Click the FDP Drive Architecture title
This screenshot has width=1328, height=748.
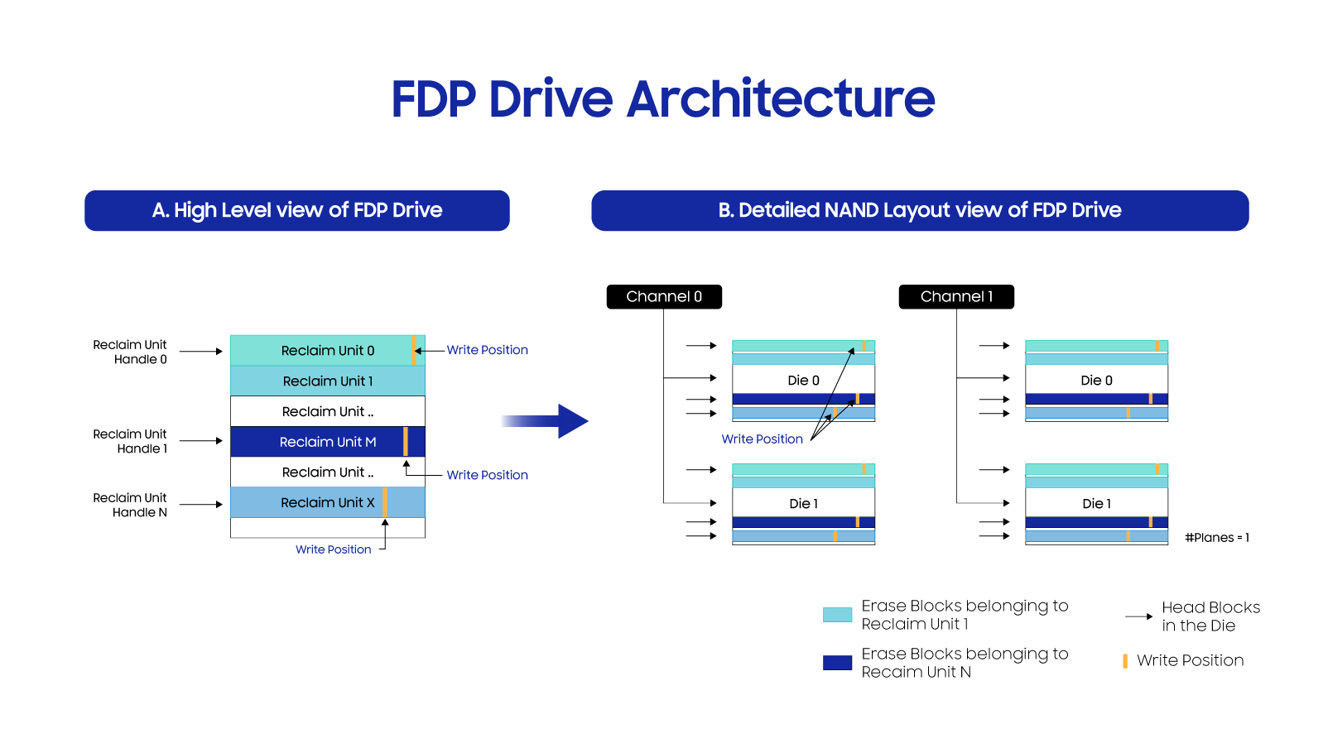[x=662, y=99]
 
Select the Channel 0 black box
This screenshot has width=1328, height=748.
[x=664, y=296]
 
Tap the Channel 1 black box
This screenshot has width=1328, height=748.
[x=956, y=296]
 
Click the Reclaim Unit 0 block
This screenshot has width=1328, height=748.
[x=327, y=350]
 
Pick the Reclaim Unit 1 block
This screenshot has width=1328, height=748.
[x=327, y=381]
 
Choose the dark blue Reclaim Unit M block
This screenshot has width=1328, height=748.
[x=327, y=442]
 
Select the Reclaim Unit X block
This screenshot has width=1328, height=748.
[x=327, y=502]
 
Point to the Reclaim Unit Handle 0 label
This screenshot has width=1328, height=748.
[x=130, y=352]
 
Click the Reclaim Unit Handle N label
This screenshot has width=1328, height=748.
[x=130, y=505]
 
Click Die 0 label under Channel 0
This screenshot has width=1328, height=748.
[x=803, y=381]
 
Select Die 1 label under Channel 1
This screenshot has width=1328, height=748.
[x=1096, y=503]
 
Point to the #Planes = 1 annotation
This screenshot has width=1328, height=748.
[x=1216, y=538]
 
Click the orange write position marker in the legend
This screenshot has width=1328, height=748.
[x=1124, y=660]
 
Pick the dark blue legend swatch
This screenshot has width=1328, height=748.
[x=837, y=663]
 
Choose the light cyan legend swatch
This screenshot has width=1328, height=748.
[x=837, y=615]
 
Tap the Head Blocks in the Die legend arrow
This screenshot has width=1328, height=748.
[x=1138, y=616]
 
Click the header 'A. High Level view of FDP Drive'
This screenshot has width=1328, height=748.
[x=296, y=210]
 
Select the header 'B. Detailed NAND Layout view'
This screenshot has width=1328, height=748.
[x=920, y=210]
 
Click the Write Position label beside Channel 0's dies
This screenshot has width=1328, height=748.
[x=762, y=439]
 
